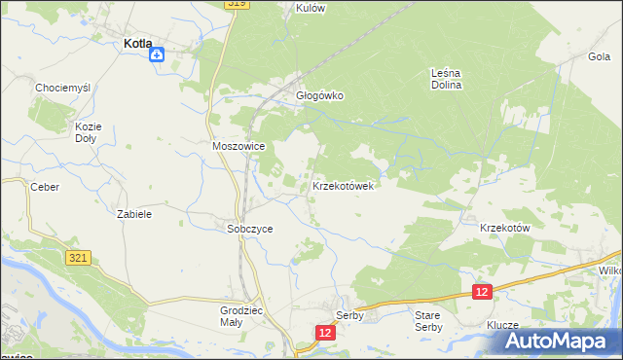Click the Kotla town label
click(135, 43)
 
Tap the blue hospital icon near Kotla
click(157, 55)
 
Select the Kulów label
click(310, 8)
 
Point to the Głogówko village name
click(320, 96)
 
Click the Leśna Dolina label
click(446, 78)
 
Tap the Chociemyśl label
click(62, 88)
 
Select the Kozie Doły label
click(88, 132)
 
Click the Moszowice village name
click(238, 146)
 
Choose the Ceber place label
click(45, 187)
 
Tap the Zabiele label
click(133, 213)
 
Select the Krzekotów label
click(504, 228)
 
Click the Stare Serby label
click(428, 322)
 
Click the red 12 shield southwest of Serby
click(325, 333)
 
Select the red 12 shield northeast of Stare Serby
click(482, 291)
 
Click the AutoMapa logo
click(556, 342)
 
